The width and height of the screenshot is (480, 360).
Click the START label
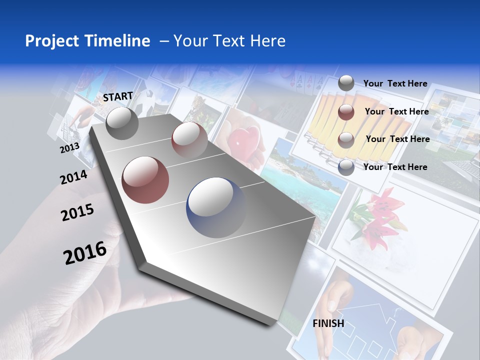click(118, 96)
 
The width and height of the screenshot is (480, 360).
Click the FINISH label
click(328, 323)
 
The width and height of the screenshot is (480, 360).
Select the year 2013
click(69, 148)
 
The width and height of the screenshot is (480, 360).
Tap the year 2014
click(73, 177)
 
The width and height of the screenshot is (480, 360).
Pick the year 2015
click(77, 212)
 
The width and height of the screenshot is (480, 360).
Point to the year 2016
click(85, 253)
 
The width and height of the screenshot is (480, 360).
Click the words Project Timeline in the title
click(87, 41)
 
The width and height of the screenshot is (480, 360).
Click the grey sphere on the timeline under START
click(122, 122)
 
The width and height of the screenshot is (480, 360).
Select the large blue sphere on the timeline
click(216, 207)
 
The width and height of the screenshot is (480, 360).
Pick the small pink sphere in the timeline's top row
click(189, 139)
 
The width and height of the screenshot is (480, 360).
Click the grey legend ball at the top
click(346, 83)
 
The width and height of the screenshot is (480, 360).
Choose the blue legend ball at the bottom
click(346, 167)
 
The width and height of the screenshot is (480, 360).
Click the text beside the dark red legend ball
click(396, 111)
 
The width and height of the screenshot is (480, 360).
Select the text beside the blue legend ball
click(395, 167)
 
